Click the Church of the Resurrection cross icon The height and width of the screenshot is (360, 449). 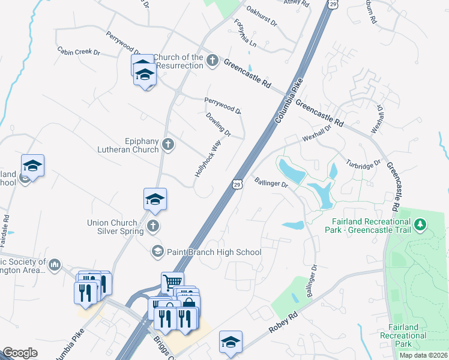pos(212,60)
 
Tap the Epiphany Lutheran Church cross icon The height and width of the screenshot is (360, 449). pos(168,144)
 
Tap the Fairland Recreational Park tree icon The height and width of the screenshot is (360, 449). pos(421,225)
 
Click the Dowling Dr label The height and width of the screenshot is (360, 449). pos(218,124)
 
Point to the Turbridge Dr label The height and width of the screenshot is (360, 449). pos(364,164)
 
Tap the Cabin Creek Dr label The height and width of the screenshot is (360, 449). pos(79,52)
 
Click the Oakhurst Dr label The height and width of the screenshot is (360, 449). pos(262,16)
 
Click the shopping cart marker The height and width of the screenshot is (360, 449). pos(172,281)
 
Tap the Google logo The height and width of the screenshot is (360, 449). pos(20,353)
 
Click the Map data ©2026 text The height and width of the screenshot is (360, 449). pos(423,355)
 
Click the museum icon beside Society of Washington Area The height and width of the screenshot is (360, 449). pos(55,265)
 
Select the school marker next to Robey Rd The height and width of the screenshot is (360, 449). pos(231,341)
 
